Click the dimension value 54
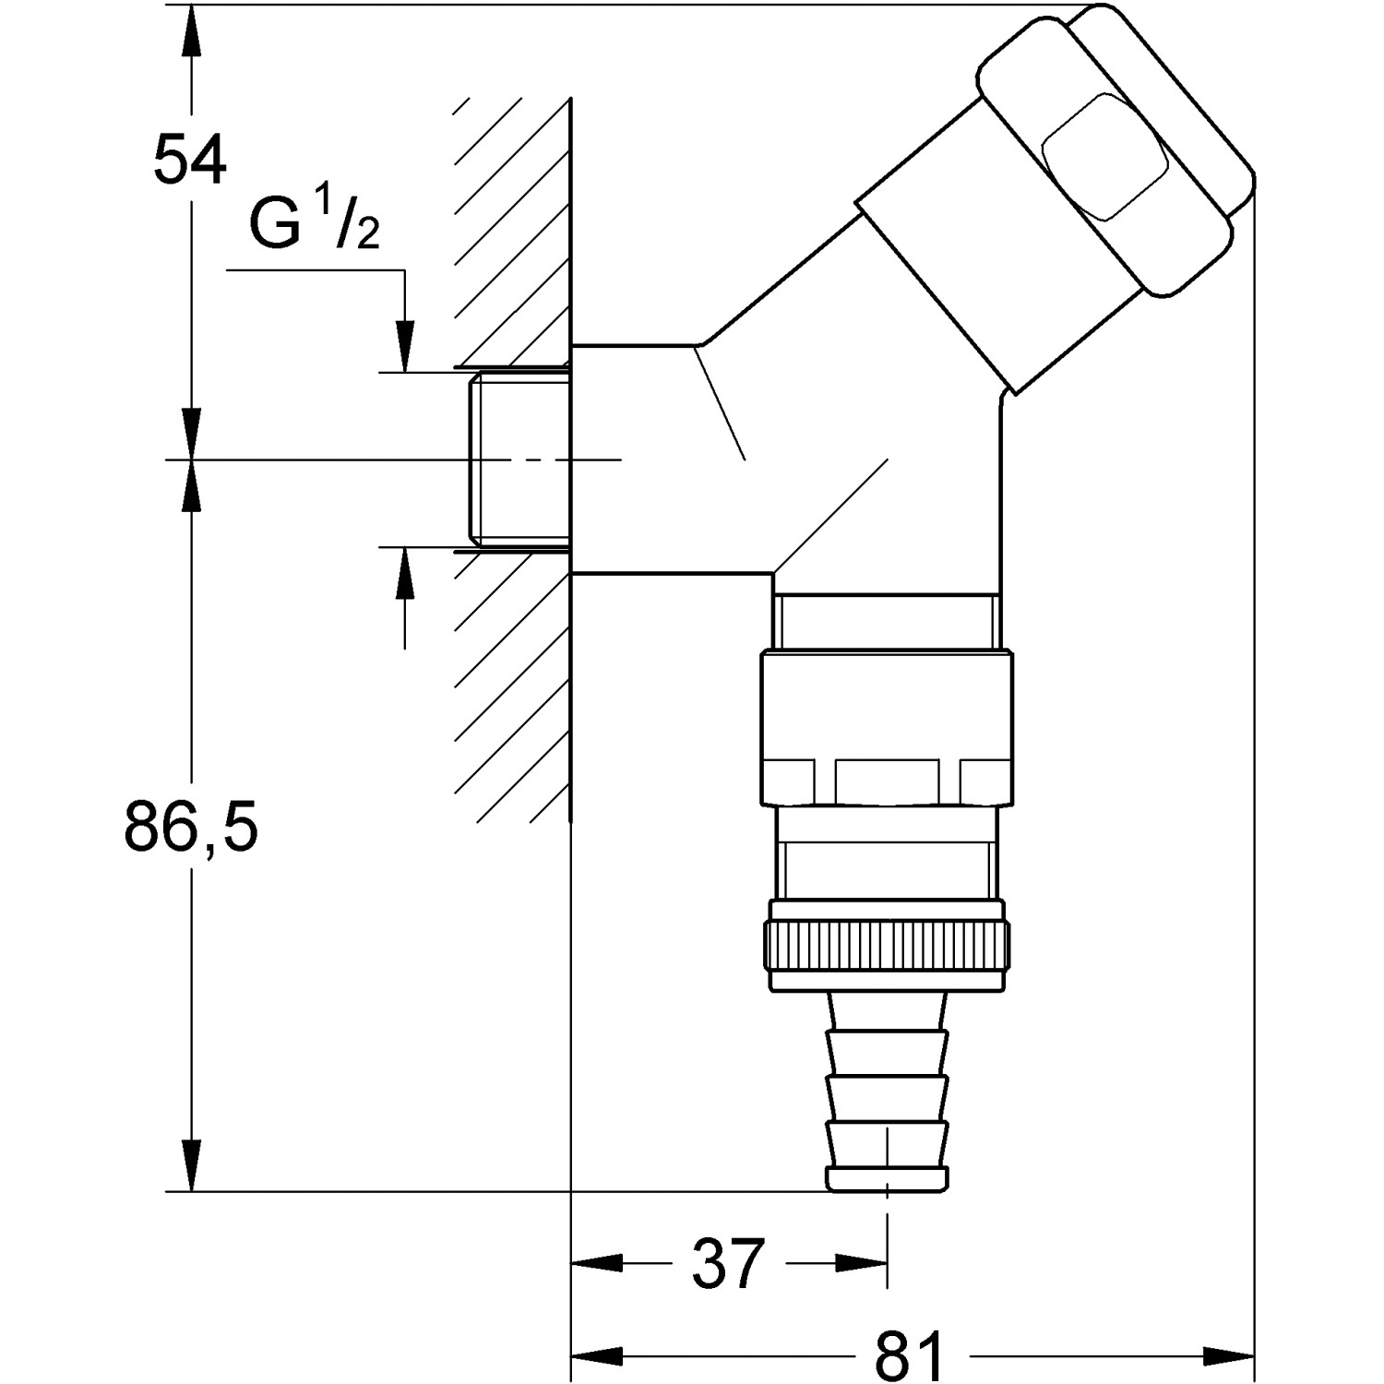pyautogui.click(x=189, y=159)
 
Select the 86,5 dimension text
pyautogui.click(x=191, y=828)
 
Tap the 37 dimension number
pyautogui.click(x=728, y=1263)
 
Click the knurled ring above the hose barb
pyautogui.click(x=887, y=956)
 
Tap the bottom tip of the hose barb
pyautogui.click(x=887, y=1178)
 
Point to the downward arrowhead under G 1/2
pyautogui.click(x=404, y=346)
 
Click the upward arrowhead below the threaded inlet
pyautogui.click(x=404, y=574)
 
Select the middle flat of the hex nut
pyautogui.click(x=887, y=781)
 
